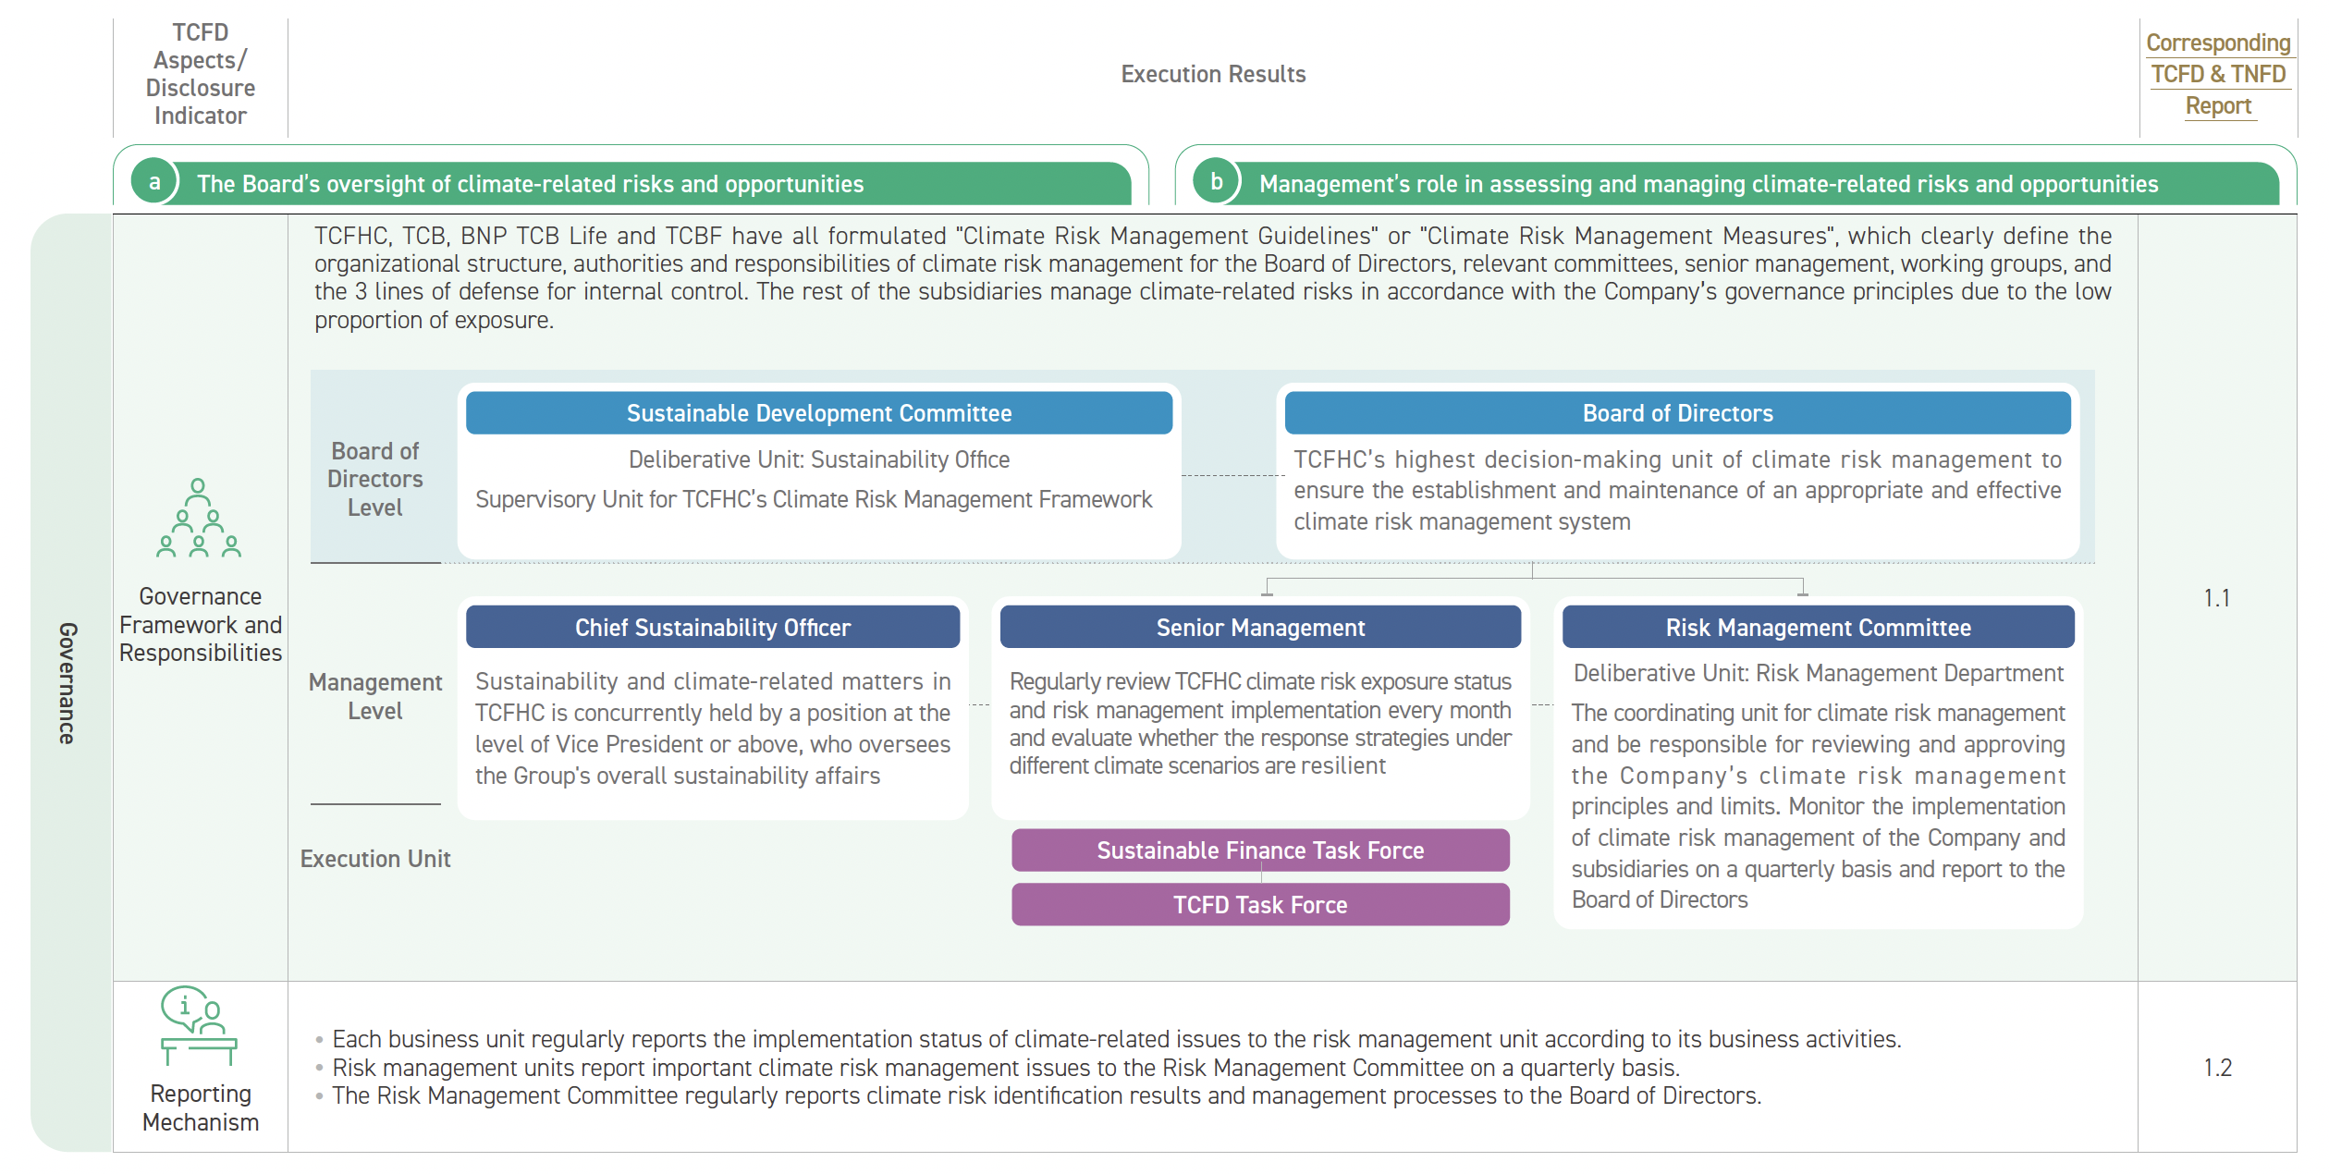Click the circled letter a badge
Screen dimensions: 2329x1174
pos(154,182)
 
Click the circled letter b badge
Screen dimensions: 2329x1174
pos(1217,182)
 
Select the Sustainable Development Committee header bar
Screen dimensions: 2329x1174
pos(819,413)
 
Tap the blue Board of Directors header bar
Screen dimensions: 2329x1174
pos(1677,413)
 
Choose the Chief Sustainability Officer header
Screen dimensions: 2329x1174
pos(713,628)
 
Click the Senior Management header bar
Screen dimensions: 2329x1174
pos(1260,628)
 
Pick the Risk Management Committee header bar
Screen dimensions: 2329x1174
pos(1818,628)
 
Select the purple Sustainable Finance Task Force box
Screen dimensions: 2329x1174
pos(1260,850)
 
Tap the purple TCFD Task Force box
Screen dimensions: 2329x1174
pos(1260,905)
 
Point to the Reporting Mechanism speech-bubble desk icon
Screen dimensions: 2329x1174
pos(199,1025)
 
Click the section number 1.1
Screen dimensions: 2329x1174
pos(2217,598)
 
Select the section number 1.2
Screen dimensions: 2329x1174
pos(2217,1068)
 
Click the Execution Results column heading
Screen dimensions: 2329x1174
pos(1213,74)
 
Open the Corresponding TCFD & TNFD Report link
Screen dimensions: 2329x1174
pos(2218,74)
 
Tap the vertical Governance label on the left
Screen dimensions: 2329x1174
pos(67,683)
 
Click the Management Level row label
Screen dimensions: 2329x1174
pos(375,696)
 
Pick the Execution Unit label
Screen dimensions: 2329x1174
pos(375,859)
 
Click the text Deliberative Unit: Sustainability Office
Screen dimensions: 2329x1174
pos(819,459)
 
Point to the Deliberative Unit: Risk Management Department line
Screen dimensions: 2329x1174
pos(1818,673)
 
